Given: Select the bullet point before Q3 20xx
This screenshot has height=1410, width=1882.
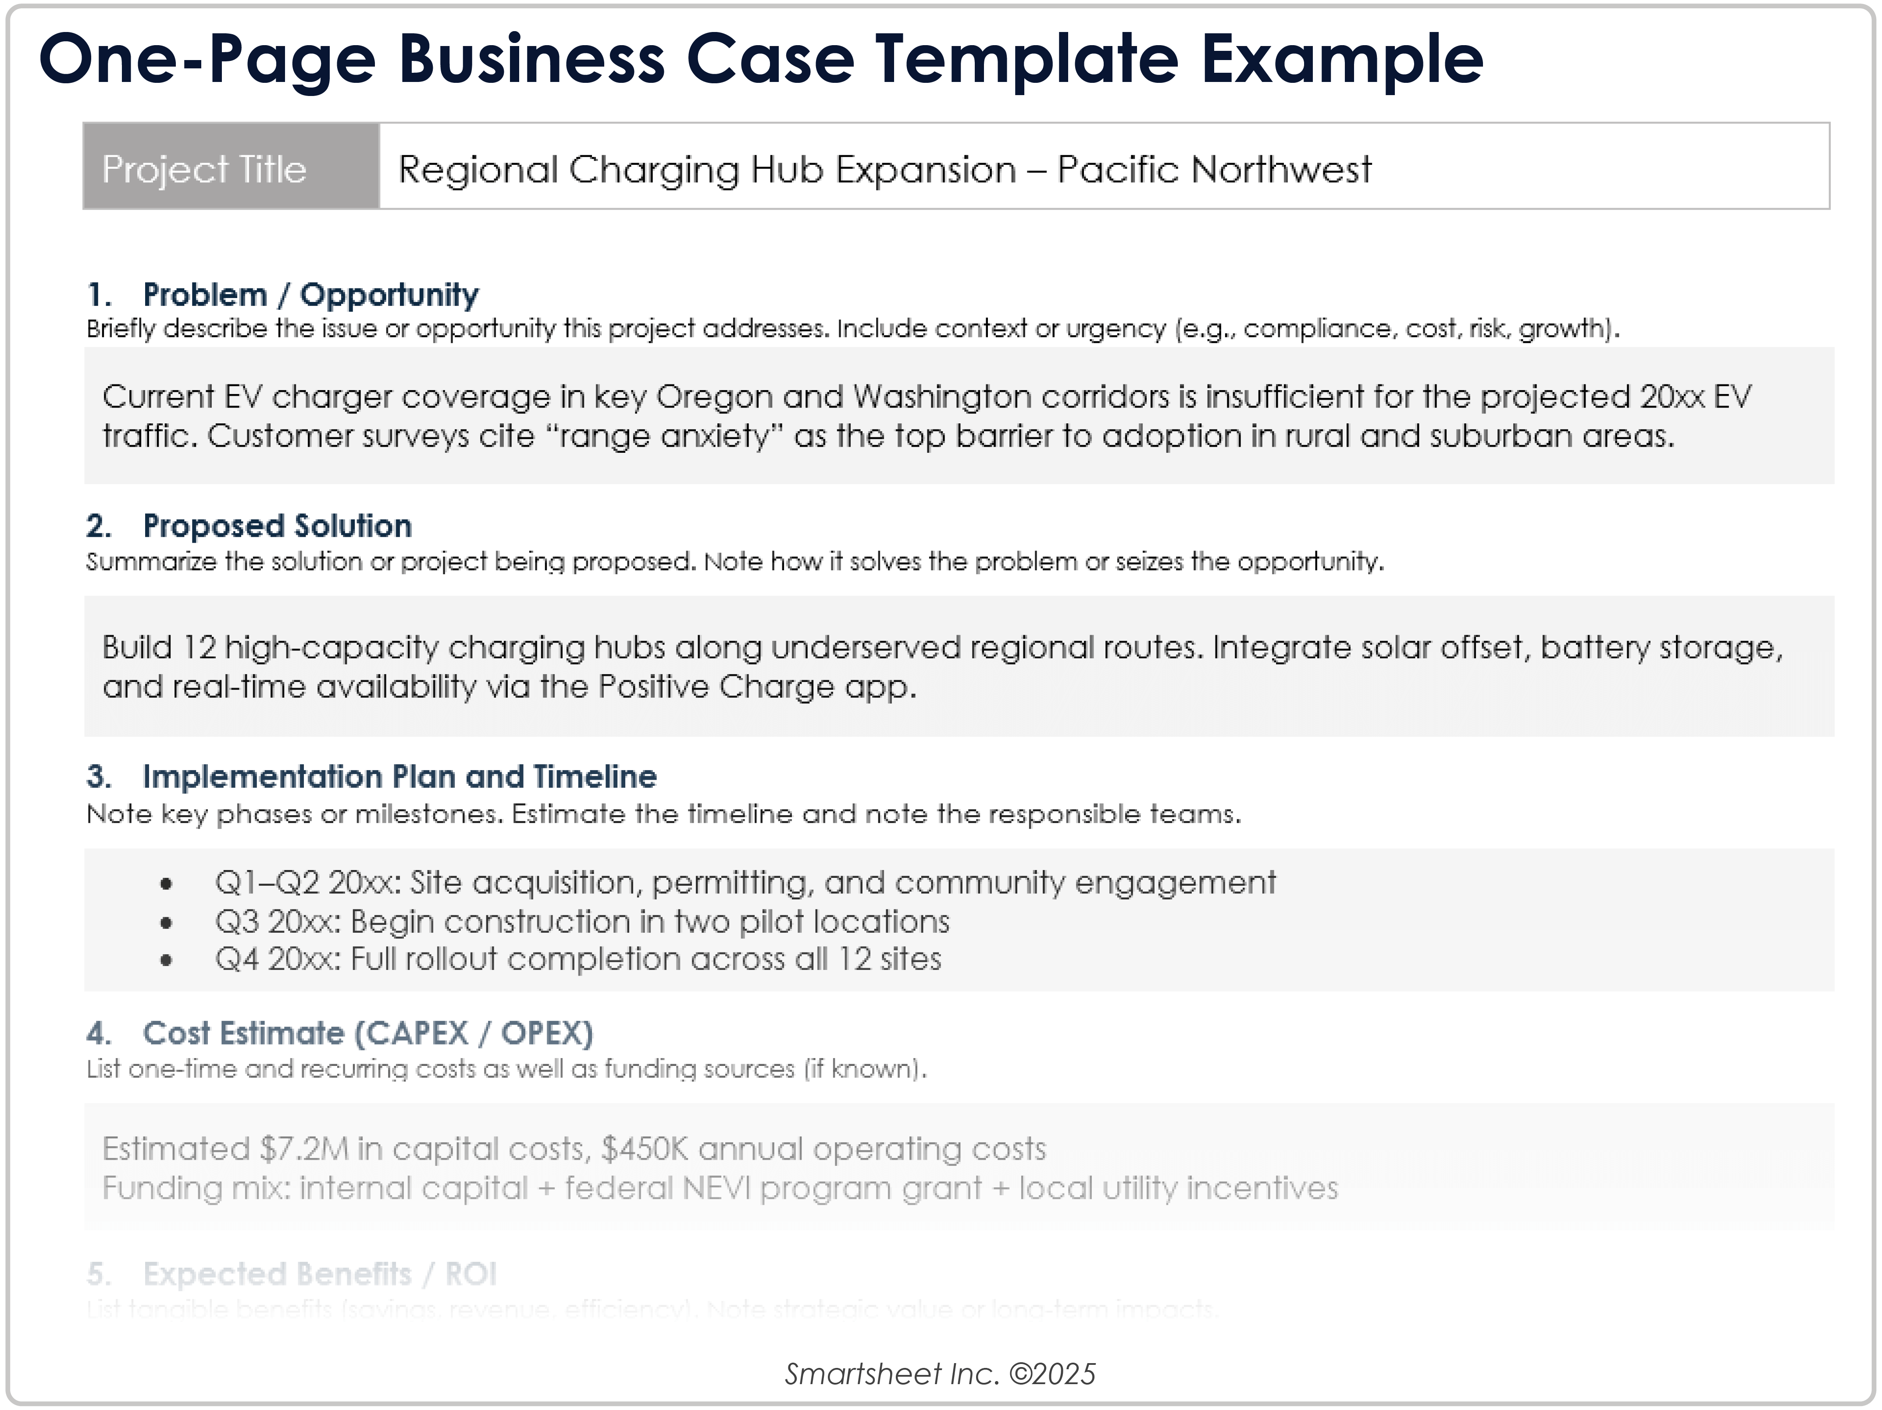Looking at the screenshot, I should click(167, 923).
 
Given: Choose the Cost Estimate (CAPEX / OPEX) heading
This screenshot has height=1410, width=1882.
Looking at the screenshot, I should click(367, 1033).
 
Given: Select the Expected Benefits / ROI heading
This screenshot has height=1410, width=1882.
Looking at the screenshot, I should click(319, 1274).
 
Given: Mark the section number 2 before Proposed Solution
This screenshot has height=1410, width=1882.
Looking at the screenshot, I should click(98, 526).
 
